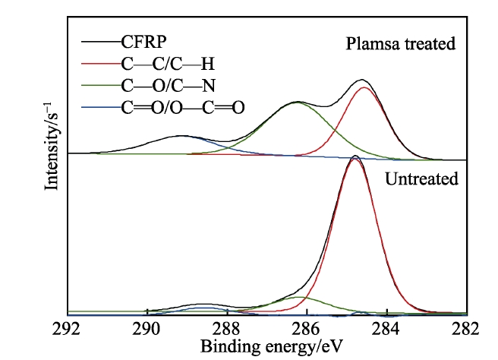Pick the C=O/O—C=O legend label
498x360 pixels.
click(x=183, y=107)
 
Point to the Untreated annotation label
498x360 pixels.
click(x=421, y=180)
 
